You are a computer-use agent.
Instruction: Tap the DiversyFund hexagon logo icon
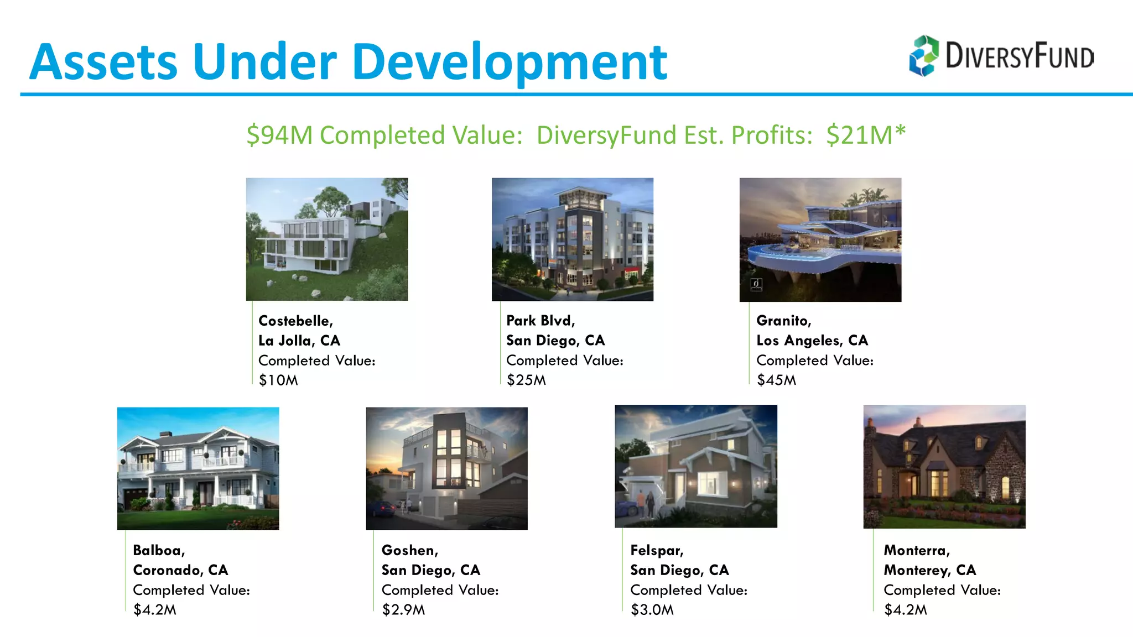click(x=924, y=56)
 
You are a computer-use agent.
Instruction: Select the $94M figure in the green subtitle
click(x=279, y=135)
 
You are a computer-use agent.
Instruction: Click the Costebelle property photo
click(x=327, y=239)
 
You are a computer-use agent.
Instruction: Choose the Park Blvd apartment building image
click(x=573, y=239)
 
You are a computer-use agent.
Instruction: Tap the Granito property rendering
click(x=820, y=239)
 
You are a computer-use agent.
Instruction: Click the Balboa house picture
click(x=198, y=468)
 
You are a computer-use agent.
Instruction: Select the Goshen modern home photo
click(x=446, y=468)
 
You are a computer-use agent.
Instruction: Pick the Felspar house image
click(x=696, y=466)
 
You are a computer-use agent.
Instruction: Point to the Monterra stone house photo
click(x=944, y=467)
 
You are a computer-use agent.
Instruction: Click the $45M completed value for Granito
click(x=776, y=380)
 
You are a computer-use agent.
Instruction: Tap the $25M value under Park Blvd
click(x=526, y=380)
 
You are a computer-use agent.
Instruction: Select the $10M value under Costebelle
click(x=278, y=380)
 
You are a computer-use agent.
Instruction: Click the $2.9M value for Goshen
click(x=403, y=610)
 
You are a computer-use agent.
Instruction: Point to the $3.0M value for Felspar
click(x=652, y=610)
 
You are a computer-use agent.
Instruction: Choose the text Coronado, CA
click(x=180, y=570)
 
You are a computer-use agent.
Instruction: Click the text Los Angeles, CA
click(x=812, y=341)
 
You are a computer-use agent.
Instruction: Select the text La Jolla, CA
click(x=299, y=341)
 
